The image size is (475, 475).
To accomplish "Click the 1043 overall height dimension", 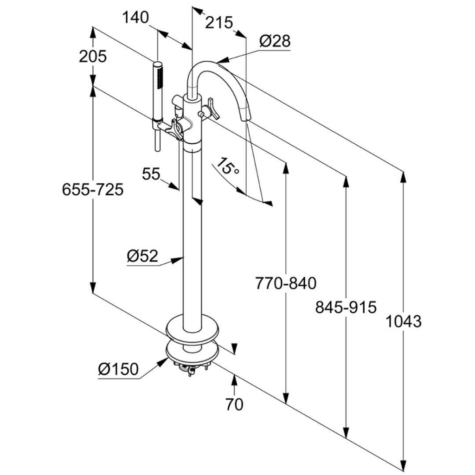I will click(x=404, y=321).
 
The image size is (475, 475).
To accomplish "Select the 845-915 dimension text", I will click(x=346, y=307).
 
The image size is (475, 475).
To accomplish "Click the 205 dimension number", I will click(x=93, y=56).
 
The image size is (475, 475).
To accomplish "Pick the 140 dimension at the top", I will click(x=135, y=18).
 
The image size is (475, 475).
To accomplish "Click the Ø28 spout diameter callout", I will click(x=275, y=41).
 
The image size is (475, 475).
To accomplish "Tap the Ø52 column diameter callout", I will click(x=142, y=256).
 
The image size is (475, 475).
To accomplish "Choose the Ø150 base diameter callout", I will click(x=118, y=369).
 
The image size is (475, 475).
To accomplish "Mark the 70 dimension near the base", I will click(x=235, y=404).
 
